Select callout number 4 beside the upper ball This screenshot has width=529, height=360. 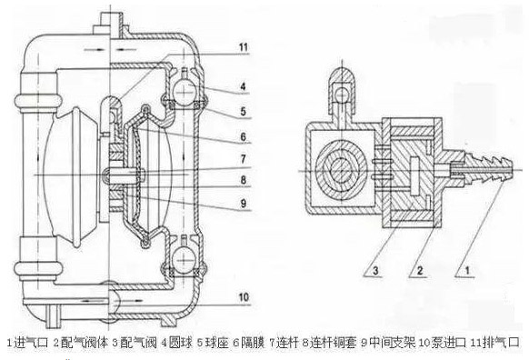click(244, 88)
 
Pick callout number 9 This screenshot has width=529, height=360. click(244, 201)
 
